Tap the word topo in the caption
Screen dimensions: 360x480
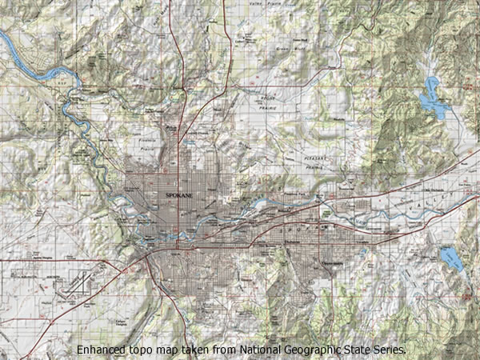pyautogui.click(x=144, y=350)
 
